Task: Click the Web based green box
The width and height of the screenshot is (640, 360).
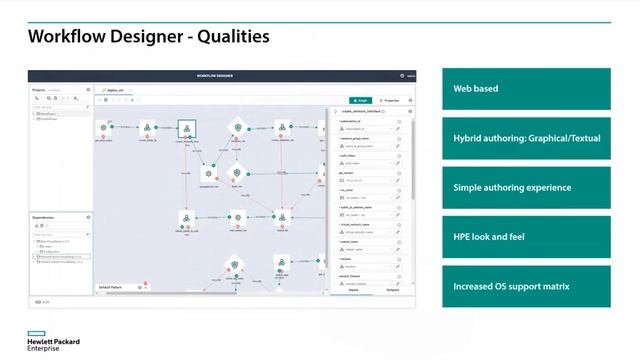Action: pyautogui.click(x=525, y=88)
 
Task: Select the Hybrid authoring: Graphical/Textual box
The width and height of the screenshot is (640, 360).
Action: pyautogui.click(x=525, y=138)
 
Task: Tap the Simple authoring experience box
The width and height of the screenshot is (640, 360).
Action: pyautogui.click(x=525, y=187)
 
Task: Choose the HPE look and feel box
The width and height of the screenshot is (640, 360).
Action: pyautogui.click(x=525, y=237)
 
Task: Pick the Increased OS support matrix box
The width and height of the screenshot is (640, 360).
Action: pyautogui.click(x=525, y=287)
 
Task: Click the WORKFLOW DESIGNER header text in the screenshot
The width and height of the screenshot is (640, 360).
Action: pyautogui.click(x=221, y=76)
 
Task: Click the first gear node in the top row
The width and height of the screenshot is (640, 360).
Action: pyautogui.click(x=104, y=128)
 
